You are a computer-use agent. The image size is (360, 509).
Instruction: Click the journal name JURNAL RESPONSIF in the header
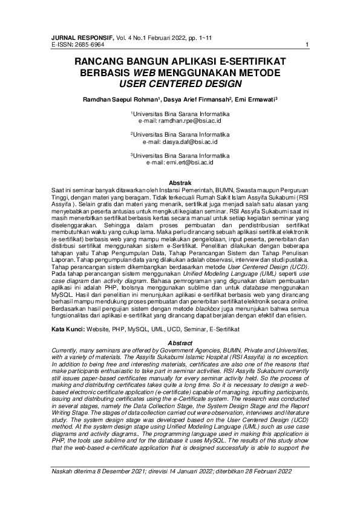coord(74,38)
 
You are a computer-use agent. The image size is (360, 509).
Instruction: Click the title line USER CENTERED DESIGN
coord(180,83)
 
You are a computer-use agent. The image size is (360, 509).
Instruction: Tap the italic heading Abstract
coord(180,343)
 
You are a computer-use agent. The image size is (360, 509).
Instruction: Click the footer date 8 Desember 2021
coord(120,487)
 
